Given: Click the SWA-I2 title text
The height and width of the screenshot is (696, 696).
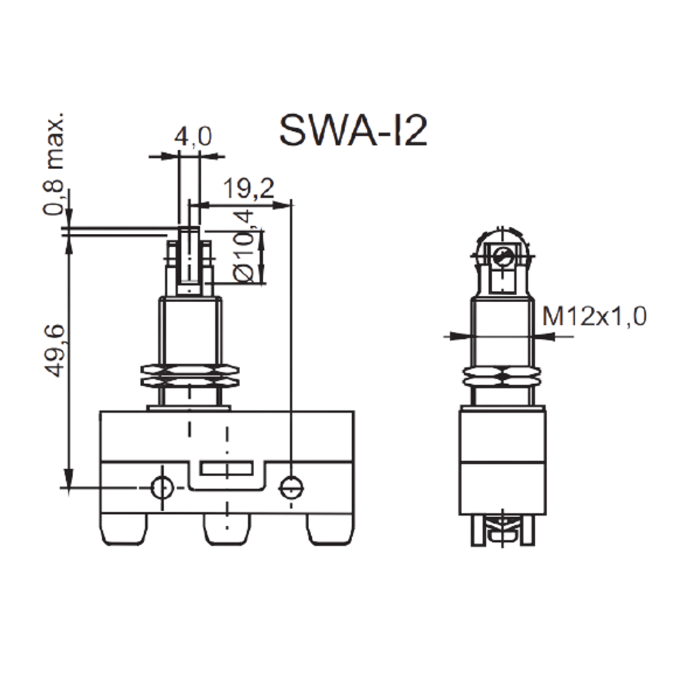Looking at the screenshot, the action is pyautogui.click(x=354, y=131).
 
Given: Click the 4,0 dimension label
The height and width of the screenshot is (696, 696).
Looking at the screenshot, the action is pyautogui.click(x=193, y=136).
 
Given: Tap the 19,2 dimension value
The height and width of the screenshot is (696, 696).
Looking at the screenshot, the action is pyautogui.click(x=248, y=188).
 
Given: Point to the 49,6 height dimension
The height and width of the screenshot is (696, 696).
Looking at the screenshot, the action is pyautogui.click(x=56, y=351).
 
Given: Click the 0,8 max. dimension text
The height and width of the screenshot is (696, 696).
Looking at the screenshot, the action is pyautogui.click(x=54, y=164).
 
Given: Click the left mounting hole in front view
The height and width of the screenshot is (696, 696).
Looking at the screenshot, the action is pyautogui.click(x=161, y=489).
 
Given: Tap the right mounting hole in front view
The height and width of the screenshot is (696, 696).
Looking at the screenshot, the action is pyautogui.click(x=291, y=489).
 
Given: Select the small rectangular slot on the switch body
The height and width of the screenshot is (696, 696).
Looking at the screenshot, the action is pyautogui.click(x=226, y=468).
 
